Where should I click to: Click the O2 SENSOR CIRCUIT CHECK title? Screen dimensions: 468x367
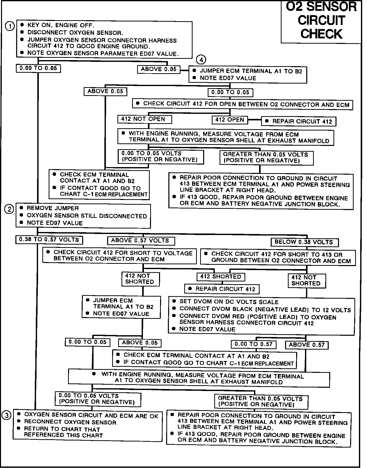click(x=321, y=21)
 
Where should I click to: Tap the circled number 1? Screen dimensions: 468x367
click(x=10, y=26)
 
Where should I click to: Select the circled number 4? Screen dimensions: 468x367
click(x=201, y=60)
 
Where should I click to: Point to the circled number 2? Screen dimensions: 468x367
click(x=9, y=209)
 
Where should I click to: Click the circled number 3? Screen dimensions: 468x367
click(x=7, y=415)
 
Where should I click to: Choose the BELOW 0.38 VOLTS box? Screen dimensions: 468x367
click(x=304, y=242)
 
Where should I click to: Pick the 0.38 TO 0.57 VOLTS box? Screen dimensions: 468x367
click(x=49, y=240)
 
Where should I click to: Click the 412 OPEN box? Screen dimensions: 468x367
click(x=230, y=120)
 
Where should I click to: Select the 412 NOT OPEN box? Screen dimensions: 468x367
click(x=144, y=119)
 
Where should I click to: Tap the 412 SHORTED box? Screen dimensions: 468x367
click(x=221, y=277)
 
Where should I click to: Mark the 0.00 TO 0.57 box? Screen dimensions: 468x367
click(x=254, y=344)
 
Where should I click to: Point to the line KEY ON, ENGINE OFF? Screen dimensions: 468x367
click(x=60, y=25)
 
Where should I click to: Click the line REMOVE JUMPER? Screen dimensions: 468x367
click(x=53, y=208)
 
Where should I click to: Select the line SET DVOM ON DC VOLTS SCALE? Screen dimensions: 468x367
click(x=229, y=302)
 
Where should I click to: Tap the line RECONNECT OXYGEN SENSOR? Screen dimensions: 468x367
click(x=70, y=422)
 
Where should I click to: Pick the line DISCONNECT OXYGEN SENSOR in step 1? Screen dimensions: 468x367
click(x=75, y=33)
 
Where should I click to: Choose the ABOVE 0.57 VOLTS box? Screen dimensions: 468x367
click(x=141, y=241)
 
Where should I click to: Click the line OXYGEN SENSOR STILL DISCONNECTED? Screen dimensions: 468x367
click(x=87, y=216)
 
